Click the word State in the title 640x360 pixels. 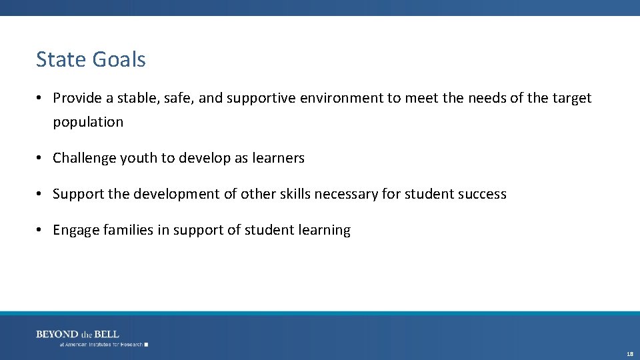[x=61, y=60]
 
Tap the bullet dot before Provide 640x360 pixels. [x=40, y=98]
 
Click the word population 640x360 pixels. [x=88, y=123]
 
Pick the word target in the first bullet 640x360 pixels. [x=572, y=99]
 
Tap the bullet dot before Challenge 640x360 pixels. [x=40, y=158]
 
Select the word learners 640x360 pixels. [x=278, y=159]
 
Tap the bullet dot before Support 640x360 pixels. [x=40, y=194]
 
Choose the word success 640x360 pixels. [x=482, y=195]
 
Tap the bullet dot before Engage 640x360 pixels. [x=40, y=230]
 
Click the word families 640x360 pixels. [x=127, y=231]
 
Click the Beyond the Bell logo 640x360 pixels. [x=77, y=334]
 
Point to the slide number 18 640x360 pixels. [x=629, y=354]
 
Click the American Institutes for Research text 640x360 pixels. [x=101, y=345]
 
